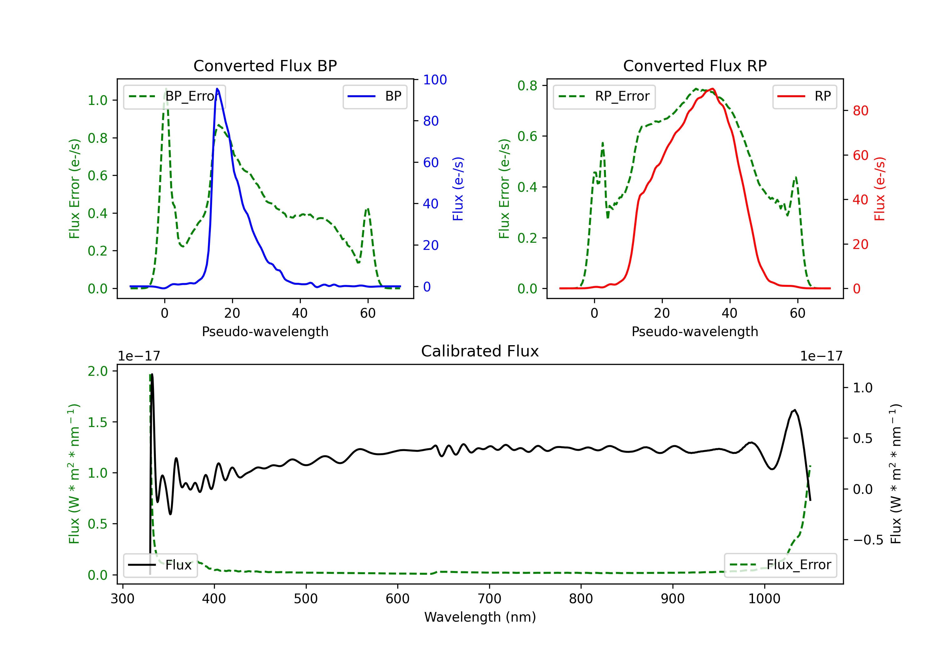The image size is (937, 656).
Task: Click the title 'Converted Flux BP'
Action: click(x=265, y=66)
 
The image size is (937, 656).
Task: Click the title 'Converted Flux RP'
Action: click(x=695, y=66)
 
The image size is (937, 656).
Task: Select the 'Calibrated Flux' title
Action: click(x=480, y=351)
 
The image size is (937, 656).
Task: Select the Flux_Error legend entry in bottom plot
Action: click(x=780, y=565)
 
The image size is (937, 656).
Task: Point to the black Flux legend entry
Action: click(x=161, y=565)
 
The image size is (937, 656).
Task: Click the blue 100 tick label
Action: click(x=435, y=80)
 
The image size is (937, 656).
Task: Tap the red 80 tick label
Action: click(x=861, y=111)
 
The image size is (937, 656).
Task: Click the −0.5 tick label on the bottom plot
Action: click(x=868, y=540)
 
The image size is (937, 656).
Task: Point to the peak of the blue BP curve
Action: click(x=217, y=89)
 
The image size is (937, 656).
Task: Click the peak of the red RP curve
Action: click(x=712, y=89)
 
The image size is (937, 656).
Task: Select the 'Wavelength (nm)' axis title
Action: click(x=480, y=617)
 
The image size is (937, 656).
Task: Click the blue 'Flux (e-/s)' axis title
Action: click(x=458, y=189)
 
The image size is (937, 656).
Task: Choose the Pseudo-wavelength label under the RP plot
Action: click(x=695, y=331)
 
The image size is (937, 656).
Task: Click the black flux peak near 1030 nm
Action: click(x=795, y=410)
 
